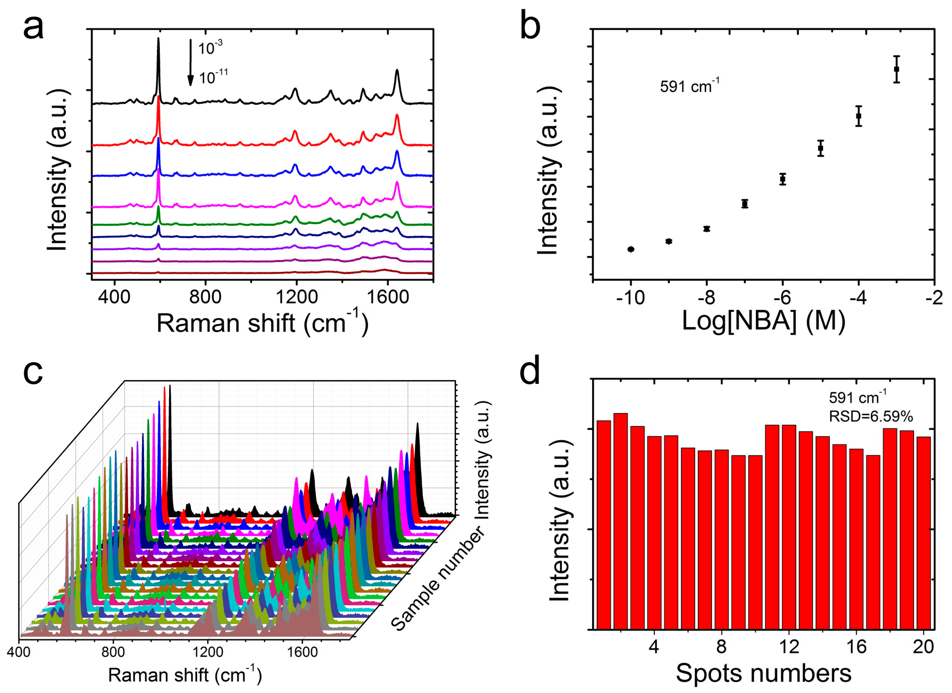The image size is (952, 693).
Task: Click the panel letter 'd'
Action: coord(529,371)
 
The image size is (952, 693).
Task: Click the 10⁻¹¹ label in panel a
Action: coord(213,77)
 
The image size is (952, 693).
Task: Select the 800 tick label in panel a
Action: coord(205,297)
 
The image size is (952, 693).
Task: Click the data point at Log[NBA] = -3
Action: coord(897,69)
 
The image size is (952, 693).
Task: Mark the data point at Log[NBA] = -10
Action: coord(631,249)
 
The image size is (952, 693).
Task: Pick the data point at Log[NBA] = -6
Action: coord(782,179)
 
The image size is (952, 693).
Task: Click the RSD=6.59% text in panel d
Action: coord(871,416)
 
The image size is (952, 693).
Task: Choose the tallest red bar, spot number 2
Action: coord(620,520)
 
